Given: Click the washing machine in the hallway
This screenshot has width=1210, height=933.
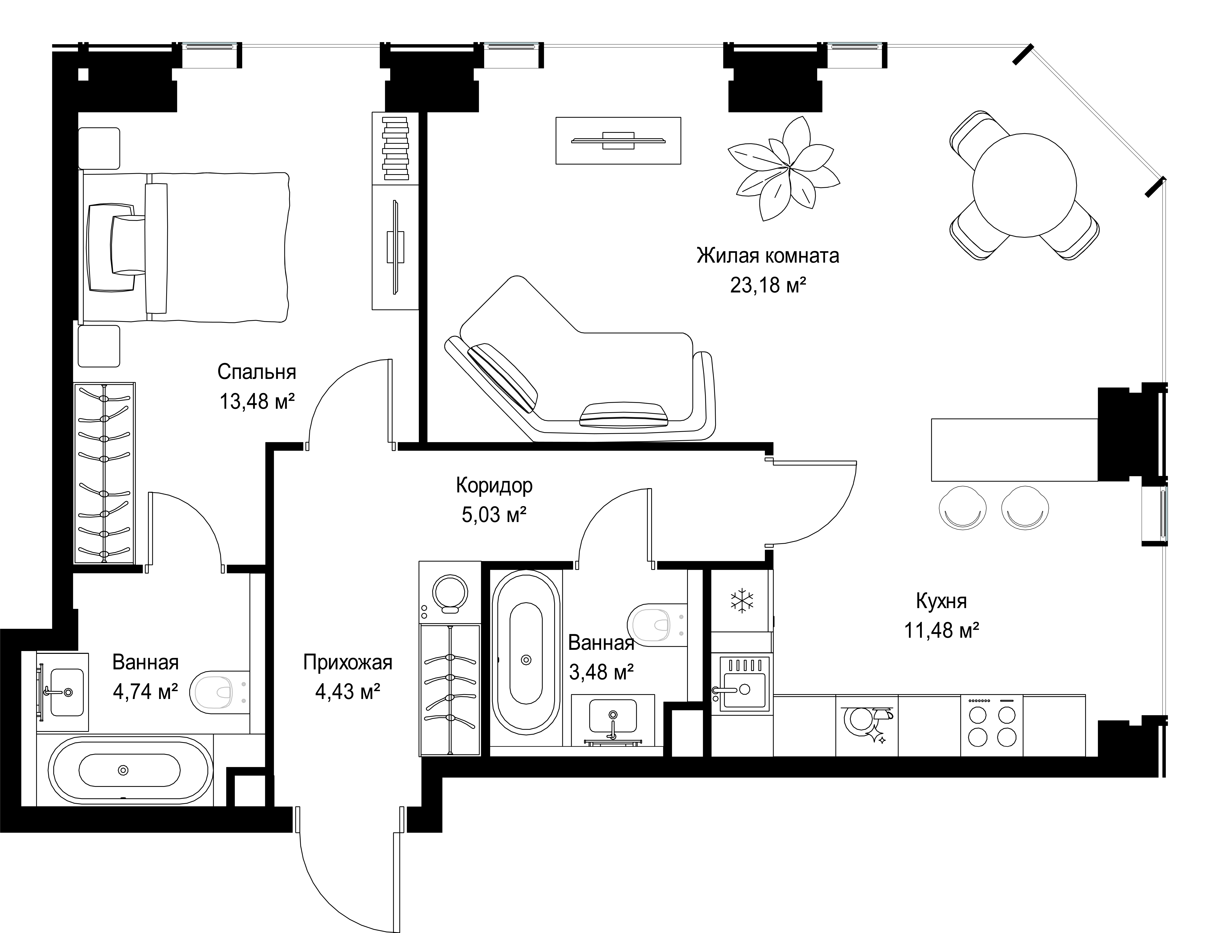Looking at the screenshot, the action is click(x=450, y=592).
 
